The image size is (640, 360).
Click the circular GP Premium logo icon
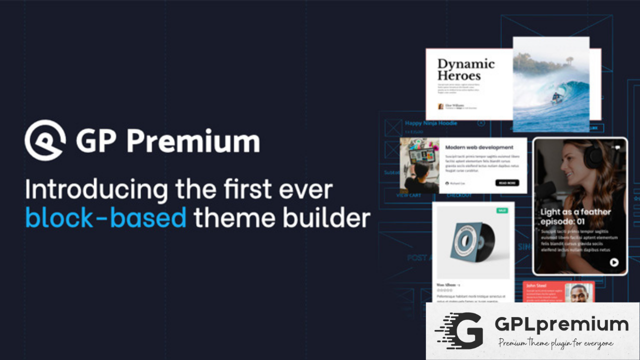[45, 140]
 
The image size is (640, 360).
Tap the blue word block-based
[106, 217]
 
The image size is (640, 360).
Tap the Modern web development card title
[479, 147]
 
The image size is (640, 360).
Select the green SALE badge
[501, 210]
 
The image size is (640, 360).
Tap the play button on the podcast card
[613, 262]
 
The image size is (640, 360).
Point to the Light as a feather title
[575, 216]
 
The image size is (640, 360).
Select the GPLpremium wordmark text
[561, 324]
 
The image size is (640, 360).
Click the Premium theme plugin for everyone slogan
[555, 343]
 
